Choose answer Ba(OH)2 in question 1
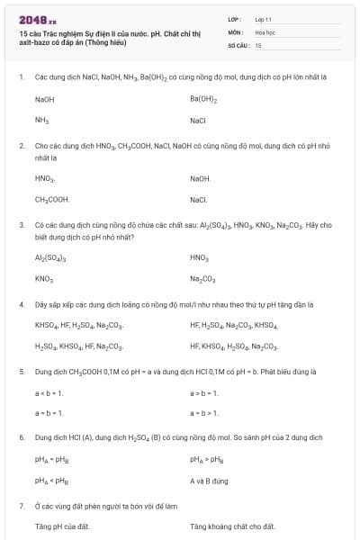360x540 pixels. [x=203, y=99]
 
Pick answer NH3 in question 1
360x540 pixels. [x=41, y=120]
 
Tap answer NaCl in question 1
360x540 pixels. [x=199, y=120]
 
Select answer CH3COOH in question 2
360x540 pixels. [x=52, y=199]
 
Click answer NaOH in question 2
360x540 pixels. [x=200, y=179]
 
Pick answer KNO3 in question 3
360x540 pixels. [x=44, y=279]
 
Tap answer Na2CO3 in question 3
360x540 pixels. [x=202, y=279]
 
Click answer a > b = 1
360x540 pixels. [x=204, y=392]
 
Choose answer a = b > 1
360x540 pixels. [x=204, y=412]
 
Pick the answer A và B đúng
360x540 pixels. [x=208, y=481]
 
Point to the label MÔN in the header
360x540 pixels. [x=234, y=31]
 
